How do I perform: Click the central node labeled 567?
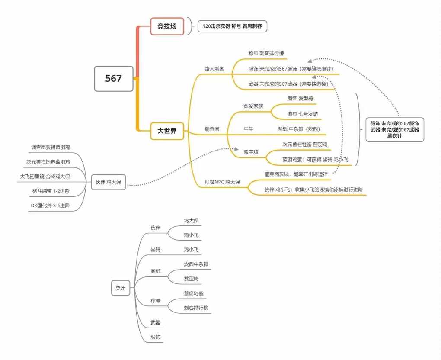tap(114, 78)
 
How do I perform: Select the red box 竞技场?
tap(167, 26)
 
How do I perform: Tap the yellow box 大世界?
tap(167, 131)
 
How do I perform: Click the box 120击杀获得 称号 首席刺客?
tap(232, 26)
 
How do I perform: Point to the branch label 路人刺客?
tap(214, 69)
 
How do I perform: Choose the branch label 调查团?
tap(212, 129)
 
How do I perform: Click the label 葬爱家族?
tap(253, 106)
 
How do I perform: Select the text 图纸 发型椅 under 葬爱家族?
tap(300, 99)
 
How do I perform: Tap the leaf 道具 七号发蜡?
tap(303, 114)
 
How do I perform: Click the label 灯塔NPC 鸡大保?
tap(222, 182)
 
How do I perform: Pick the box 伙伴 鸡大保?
tap(109, 182)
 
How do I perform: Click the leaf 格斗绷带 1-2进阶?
tap(51, 191)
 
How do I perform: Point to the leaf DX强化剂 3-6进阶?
tap(50, 206)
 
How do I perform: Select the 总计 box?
tap(121, 288)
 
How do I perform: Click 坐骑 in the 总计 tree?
tap(156, 250)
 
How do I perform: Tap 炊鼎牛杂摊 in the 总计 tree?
tap(196, 264)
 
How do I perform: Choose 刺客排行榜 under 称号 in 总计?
tap(196, 308)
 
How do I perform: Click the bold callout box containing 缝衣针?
tap(395, 129)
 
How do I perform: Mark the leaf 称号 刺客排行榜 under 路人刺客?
tap(266, 53)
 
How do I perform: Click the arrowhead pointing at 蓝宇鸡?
tap(236, 149)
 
